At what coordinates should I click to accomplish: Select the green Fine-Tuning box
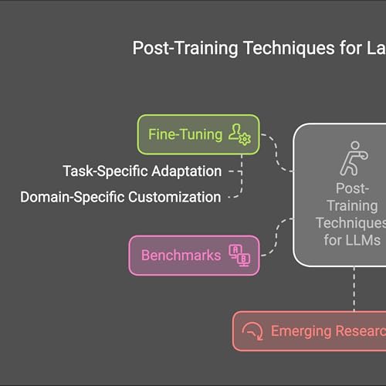pos(198,134)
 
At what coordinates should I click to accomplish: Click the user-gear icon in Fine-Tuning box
pos(239,135)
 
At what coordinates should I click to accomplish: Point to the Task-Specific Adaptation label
pos(142,171)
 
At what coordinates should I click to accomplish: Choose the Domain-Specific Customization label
pos(120,197)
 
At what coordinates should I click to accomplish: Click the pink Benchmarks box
pos(194,256)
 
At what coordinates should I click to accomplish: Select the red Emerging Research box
pos(309,331)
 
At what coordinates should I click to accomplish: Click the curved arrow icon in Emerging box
pos(252,332)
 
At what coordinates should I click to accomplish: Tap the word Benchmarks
pos(181,256)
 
